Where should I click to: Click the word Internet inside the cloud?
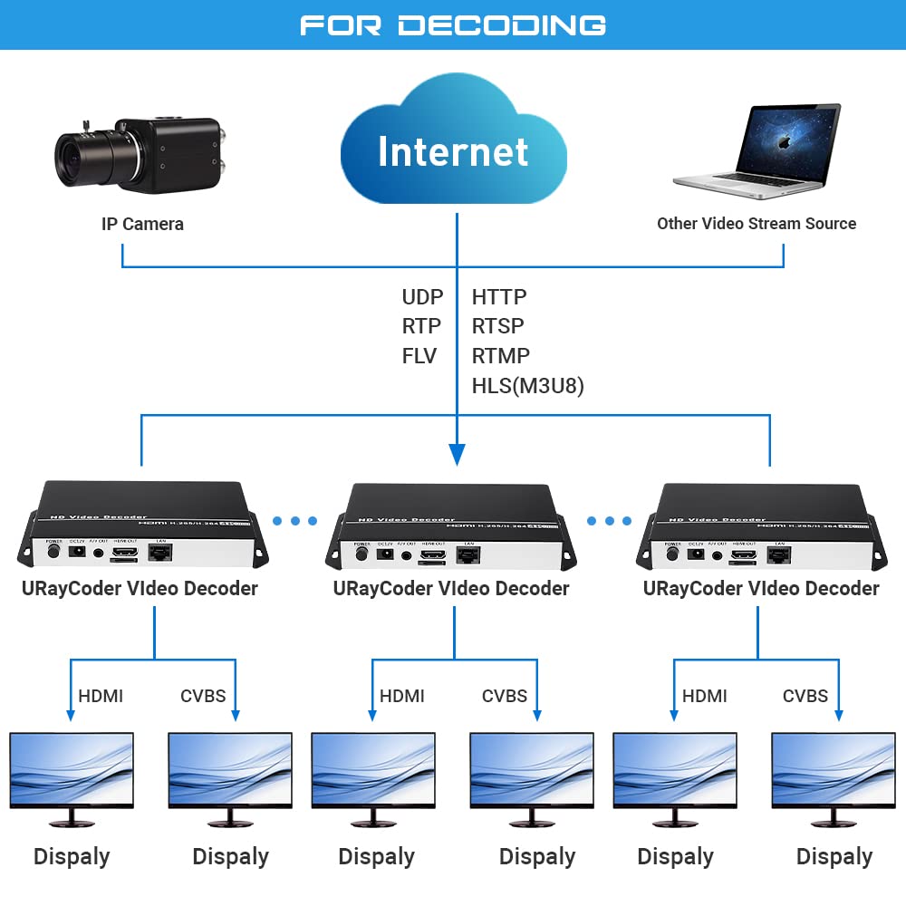click(453, 151)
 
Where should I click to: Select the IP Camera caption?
click(142, 224)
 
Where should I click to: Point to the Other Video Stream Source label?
click(756, 224)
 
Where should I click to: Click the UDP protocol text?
click(422, 297)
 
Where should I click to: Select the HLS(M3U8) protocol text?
click(527, 386)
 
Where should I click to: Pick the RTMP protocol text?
click(500, 356)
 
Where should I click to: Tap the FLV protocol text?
click(419, 356)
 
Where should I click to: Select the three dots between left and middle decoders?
click(295, 521)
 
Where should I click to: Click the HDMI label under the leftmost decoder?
click(101, 696)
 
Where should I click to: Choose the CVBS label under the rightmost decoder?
click(805, 696)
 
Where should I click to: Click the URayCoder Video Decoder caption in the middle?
click(450, 588)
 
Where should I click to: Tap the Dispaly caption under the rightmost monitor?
click(834, 856)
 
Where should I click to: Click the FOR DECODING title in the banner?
click(453, 24)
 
